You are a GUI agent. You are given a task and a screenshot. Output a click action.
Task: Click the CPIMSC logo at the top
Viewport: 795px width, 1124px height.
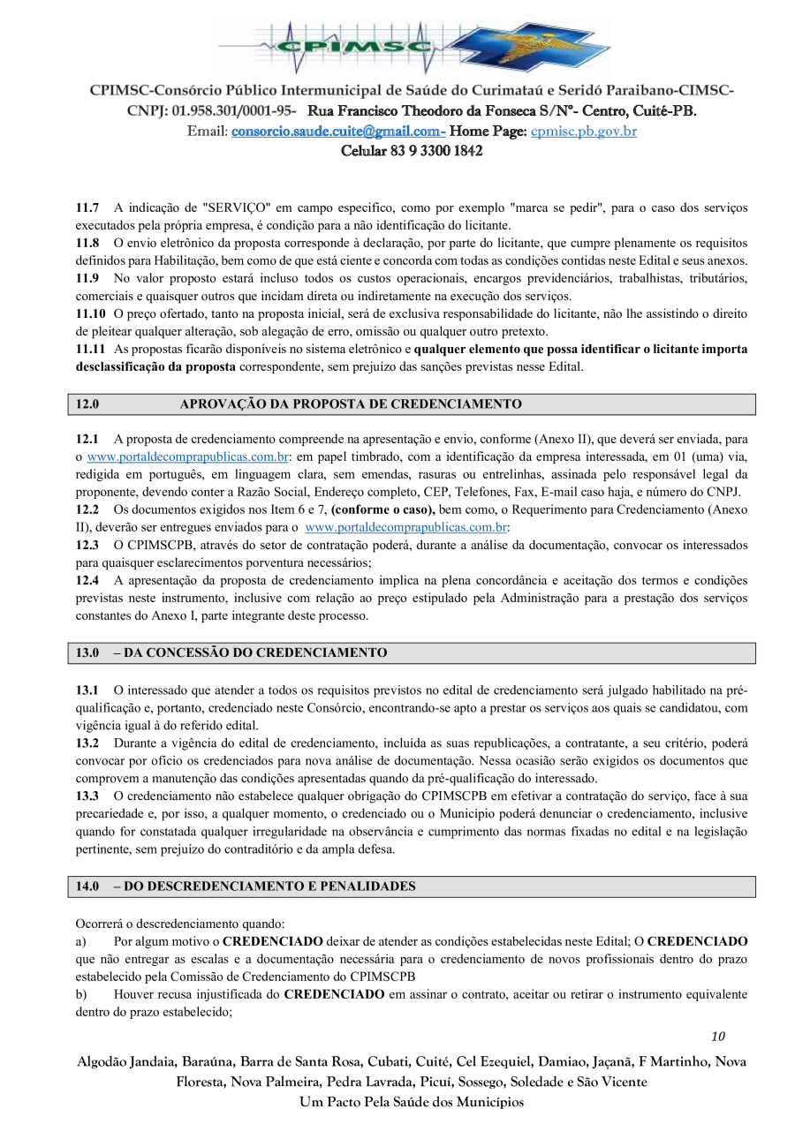click(x=411, y=46)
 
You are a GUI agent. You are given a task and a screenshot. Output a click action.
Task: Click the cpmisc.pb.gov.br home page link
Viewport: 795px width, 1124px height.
click(x=583, y=132)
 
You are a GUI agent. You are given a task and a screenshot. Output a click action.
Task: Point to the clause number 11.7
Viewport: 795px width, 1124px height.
click(x=87, y=208)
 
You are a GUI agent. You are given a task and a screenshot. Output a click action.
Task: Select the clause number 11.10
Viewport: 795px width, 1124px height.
click(x=90, y=314)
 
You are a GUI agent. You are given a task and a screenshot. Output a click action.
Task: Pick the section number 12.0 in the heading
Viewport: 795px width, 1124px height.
click(x=87, y=404)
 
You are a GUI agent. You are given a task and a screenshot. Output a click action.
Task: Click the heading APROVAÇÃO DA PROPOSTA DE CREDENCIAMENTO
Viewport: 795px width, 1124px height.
click(x=351, y=404)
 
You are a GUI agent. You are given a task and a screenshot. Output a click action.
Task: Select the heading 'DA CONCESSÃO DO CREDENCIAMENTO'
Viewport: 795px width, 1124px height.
click(x=255, y=653)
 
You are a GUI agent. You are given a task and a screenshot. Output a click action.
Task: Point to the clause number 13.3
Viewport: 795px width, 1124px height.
click(x=87, y=796)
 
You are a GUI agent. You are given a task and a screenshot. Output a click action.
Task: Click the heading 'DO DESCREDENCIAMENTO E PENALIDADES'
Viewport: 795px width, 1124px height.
click(x=269, y=886)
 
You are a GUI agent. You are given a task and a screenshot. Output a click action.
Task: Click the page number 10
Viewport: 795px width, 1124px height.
click(x=717, y=1037)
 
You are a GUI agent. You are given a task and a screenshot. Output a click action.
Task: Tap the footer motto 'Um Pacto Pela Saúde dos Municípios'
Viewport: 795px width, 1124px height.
click(x=412, y=1102)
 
